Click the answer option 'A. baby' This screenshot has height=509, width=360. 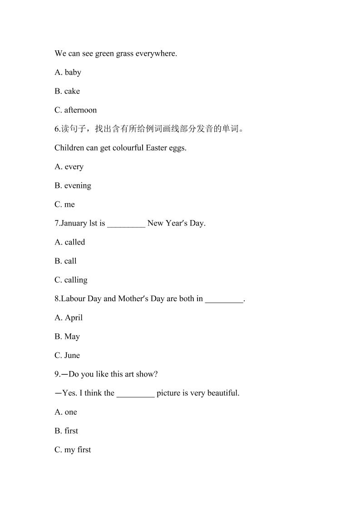click(x=68, y=72)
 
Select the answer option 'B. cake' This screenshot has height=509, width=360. click(x=67, y=91)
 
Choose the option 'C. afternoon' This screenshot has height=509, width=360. click(x=75, y=110)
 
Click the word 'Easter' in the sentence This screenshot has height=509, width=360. click(x=157, y=148)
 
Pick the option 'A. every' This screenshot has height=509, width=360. click(x=69, y=166)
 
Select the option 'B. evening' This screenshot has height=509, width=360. click(x=73, y=186)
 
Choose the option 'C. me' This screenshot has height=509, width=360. click(x=64, y=205)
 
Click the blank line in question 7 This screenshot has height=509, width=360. click(x=126, y=224)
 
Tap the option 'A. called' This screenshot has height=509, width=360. click(x=69, y=242)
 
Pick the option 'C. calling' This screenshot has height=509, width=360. click(x=71, y=280)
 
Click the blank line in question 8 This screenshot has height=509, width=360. click(x=224, y=299)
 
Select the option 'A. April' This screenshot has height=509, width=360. click(x=69, y=318)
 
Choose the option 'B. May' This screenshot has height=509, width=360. click(x=67, y=337)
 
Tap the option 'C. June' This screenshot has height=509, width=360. click(x=67, y=356)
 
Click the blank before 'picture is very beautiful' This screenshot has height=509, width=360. click(x=135, y=394)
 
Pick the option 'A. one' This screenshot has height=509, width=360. click(x=66, y=412)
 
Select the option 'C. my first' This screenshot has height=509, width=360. click(x=73, y=450)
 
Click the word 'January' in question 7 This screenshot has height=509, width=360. click(x=74, y=223)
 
